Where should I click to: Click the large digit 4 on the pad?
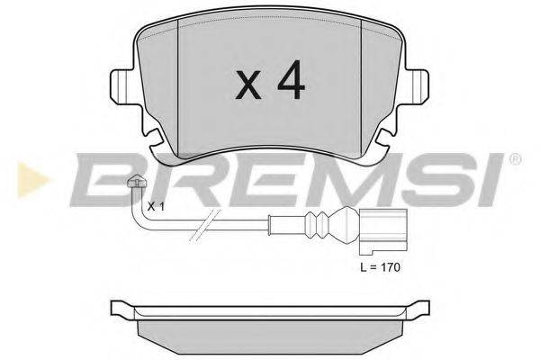(292, 80)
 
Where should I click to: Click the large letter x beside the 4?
(248, 85)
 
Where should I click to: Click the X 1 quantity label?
(156, 207)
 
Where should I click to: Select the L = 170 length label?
(380, 267)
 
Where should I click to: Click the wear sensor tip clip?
(137, 182)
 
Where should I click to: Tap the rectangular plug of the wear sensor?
(383, 231)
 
